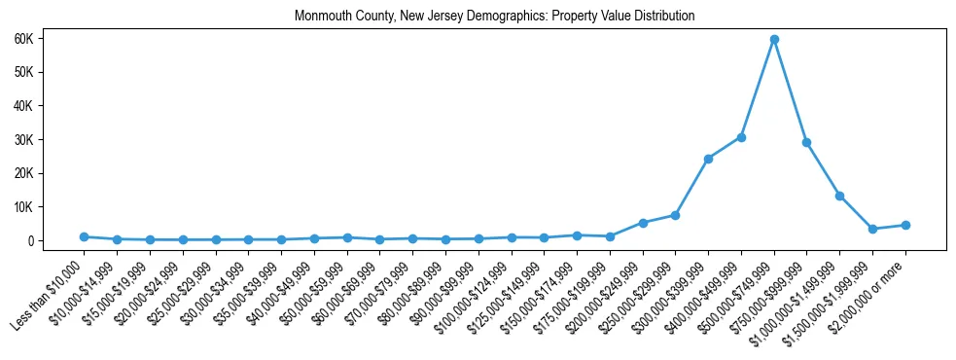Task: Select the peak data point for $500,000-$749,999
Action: pos(774,40)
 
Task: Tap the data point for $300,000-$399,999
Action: pos(708,159)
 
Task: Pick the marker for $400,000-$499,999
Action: pos(741,137)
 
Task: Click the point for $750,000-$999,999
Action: pos(807,142)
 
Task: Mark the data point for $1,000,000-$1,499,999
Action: pos(839,196)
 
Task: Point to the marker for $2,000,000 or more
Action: pos(905,225)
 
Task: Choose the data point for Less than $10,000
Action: pos(85,236)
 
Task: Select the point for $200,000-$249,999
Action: pos(643,223)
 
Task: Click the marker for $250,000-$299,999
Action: pos(675,215)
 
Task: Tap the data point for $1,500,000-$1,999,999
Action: pos(872,229)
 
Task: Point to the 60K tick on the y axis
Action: pos(50,38)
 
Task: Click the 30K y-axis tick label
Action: pos(50,139)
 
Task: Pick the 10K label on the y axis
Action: pos(50,207)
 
